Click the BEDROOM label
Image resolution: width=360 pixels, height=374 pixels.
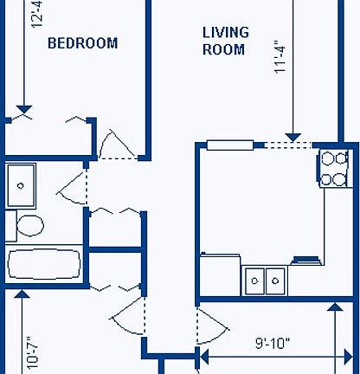pyautogui.click(x=82, y=43)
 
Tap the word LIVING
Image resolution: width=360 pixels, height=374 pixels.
pyautogui.click(x=226, y=33)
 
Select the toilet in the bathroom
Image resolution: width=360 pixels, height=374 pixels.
pyautogui.click(x=28, y=226)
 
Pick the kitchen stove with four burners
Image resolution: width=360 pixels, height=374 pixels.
pyautogui.click(x=333, y=169)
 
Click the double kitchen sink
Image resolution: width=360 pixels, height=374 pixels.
pyautogui.click(x=266, y=280)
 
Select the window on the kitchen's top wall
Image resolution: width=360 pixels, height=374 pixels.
pyautogui.click(x=228, y=145)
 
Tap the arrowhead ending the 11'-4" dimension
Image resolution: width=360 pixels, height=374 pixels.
pyautogui.click(x=293, y=136)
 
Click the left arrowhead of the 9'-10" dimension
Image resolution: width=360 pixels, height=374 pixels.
pyautogui.click(x=204, y=354)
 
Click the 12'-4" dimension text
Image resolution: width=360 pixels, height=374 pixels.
pyautogui.click(x=35, y=13)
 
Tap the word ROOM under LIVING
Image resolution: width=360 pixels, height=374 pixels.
pyautogui.click(x=224, y=50)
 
